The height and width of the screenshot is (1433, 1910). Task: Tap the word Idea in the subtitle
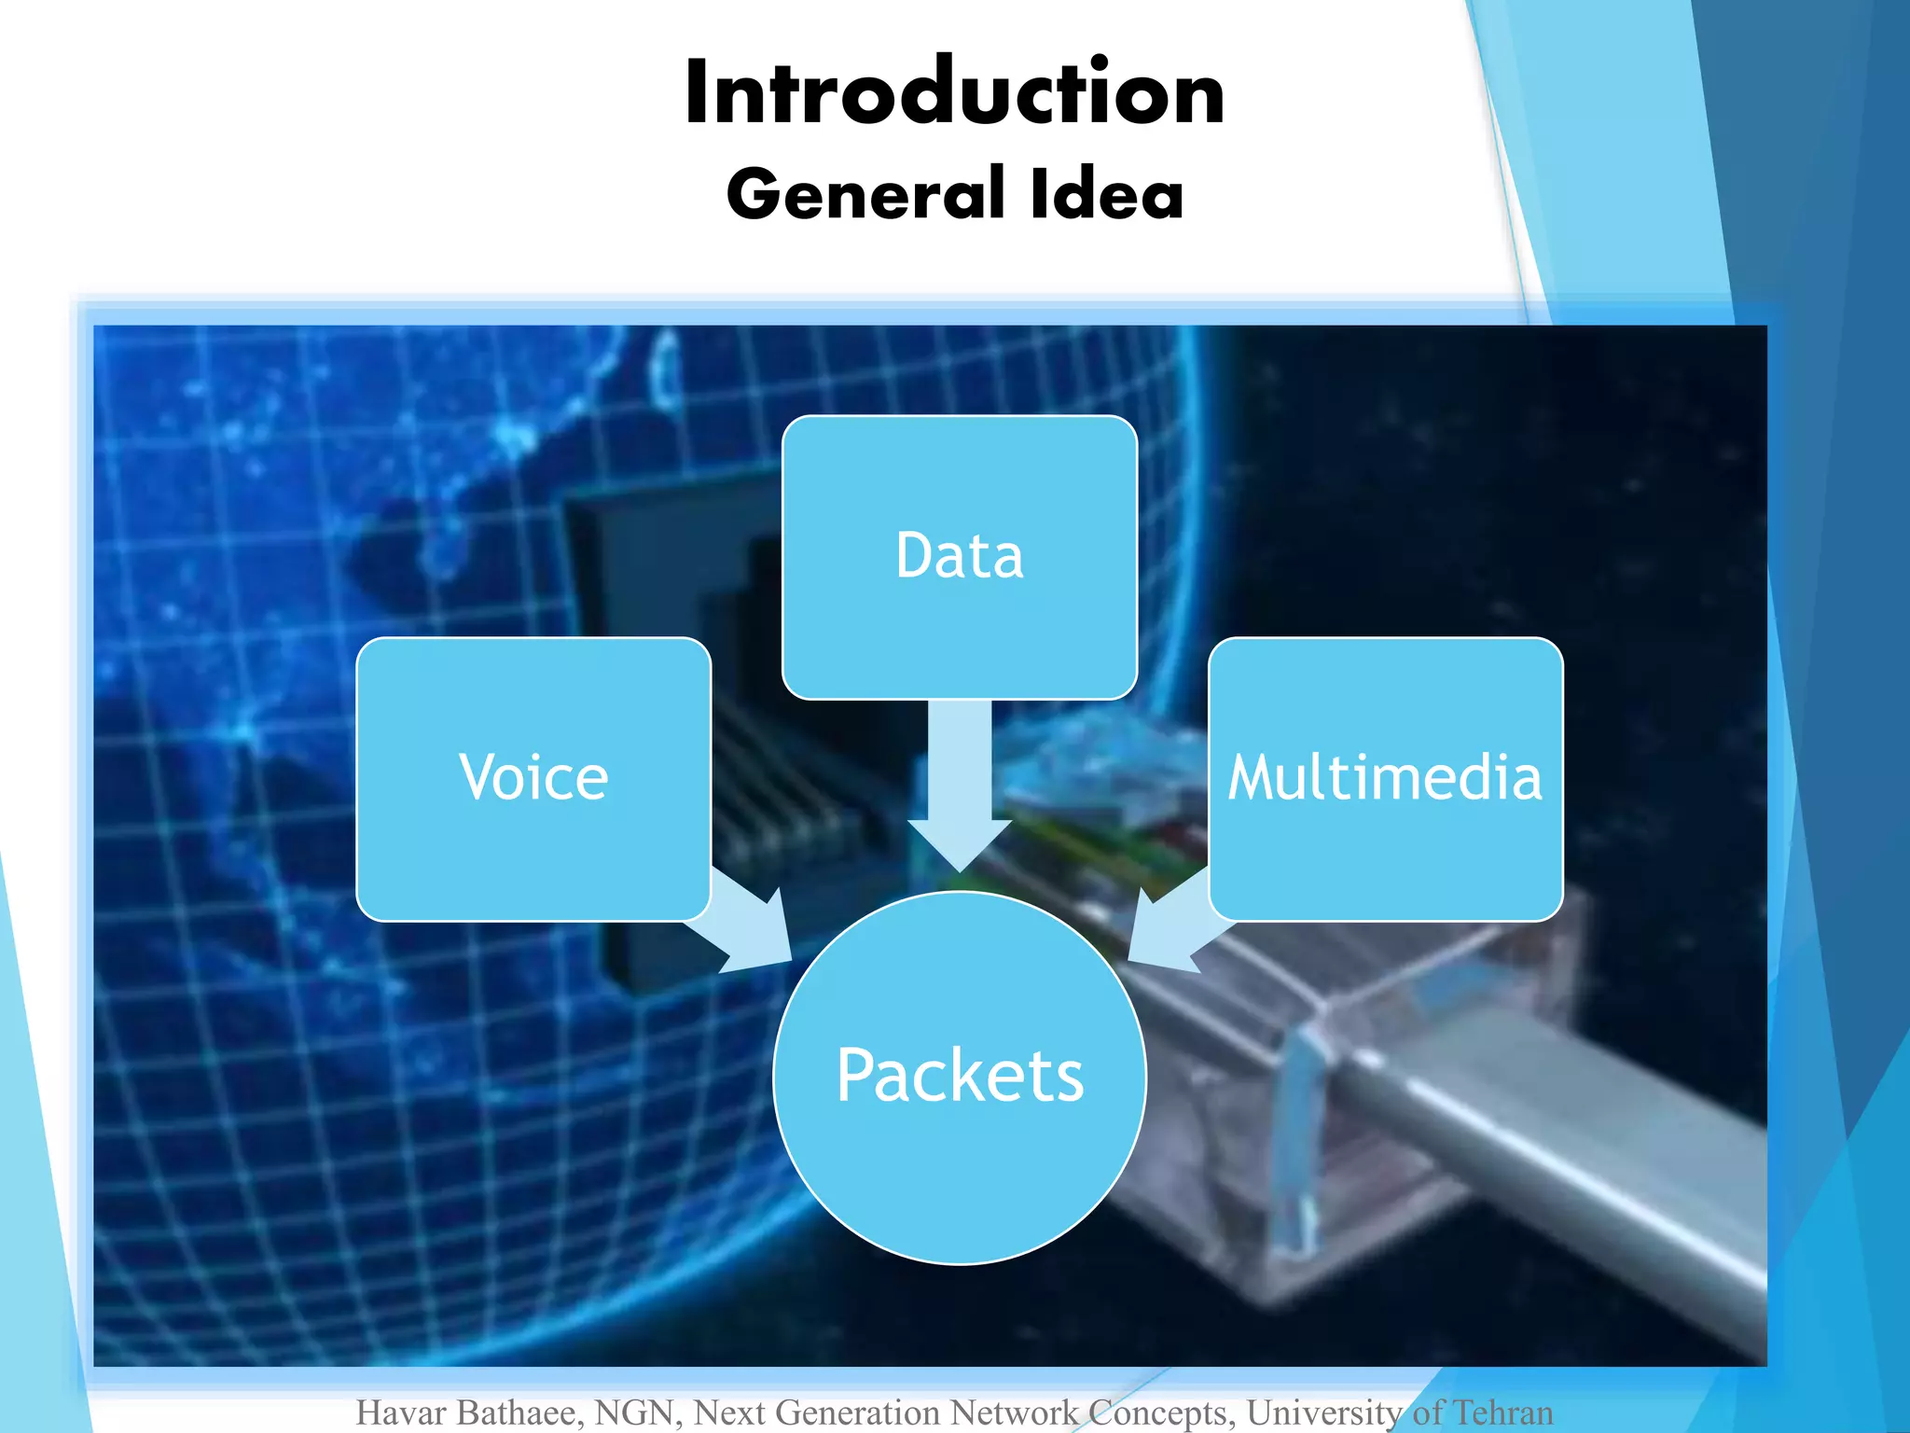point(1107,194)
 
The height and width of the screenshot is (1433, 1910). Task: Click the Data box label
point(959,556)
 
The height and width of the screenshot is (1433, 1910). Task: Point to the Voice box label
point(533,777)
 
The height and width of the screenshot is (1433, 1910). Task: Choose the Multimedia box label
point(1385,777)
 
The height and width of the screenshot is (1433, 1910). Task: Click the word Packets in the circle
point(960,1076)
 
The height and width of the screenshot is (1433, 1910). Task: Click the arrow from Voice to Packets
point(746,924)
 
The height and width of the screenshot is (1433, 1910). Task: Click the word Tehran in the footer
point(1502,1412)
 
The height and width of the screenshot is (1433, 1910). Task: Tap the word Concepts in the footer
point(1160,1412)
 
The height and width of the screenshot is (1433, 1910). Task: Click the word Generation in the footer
point(858,1412)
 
